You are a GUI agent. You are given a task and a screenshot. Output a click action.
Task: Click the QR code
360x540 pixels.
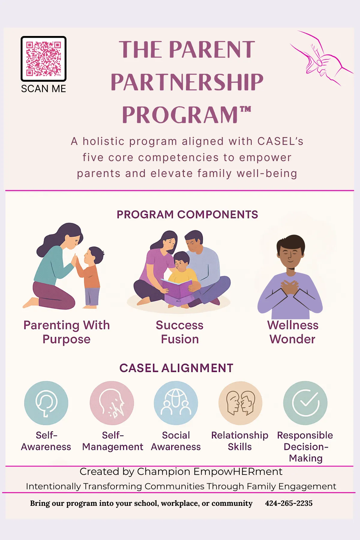(43, 59)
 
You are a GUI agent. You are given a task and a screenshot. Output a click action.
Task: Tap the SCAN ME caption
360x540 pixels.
(43, 89)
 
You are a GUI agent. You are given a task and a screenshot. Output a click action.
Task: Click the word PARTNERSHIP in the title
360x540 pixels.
(187, 82)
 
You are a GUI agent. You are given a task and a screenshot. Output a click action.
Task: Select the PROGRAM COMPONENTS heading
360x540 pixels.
(187, 215)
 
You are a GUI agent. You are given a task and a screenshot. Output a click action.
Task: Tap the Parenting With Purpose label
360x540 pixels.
(67, 332)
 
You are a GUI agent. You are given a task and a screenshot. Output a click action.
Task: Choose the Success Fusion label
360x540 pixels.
(180, 332)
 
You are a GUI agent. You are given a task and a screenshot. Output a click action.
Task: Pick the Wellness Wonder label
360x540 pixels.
(292, 332)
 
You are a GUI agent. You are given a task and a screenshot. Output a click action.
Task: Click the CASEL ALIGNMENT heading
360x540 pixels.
(176, 368)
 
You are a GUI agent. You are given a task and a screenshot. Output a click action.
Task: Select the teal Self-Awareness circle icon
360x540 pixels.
(46, 403)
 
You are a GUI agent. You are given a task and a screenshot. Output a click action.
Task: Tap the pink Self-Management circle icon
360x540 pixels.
(112, 403)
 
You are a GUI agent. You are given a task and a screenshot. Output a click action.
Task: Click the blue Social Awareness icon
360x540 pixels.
(176, 403)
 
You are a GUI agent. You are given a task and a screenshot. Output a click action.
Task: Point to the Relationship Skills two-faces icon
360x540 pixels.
(240, 403)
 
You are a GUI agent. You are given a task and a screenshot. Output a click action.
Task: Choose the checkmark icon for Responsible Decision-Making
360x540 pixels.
(305, 403)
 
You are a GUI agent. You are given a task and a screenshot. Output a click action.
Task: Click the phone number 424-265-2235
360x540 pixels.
(289, 503)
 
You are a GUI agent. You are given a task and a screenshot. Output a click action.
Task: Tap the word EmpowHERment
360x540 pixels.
(238, 472)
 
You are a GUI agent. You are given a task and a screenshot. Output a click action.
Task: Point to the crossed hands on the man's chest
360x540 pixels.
(290, 287)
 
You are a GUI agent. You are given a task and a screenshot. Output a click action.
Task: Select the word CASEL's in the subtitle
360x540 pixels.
(280, 141)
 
